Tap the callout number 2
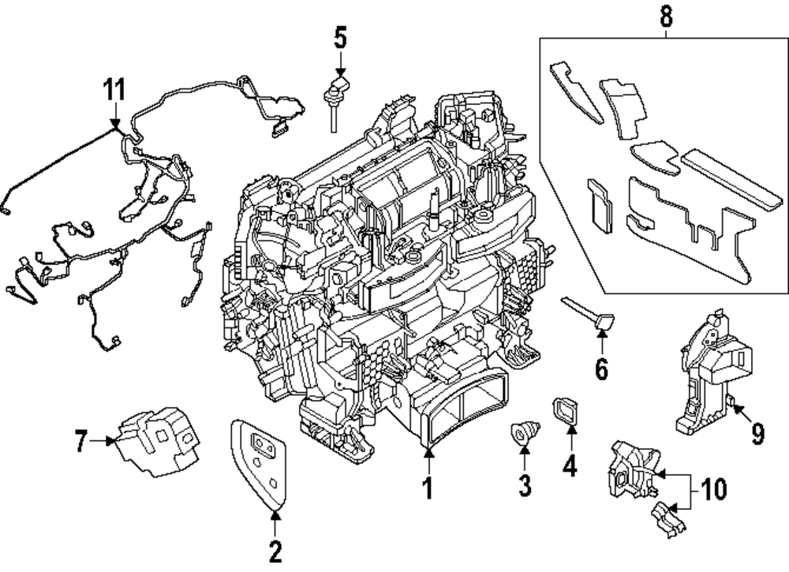pos(275,552)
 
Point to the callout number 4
pos(569,466)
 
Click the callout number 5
pos(340,36)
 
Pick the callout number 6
pos(601,368)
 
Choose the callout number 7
pos(81,443)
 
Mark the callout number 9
pos(757,432)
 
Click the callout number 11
pos(115,89)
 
